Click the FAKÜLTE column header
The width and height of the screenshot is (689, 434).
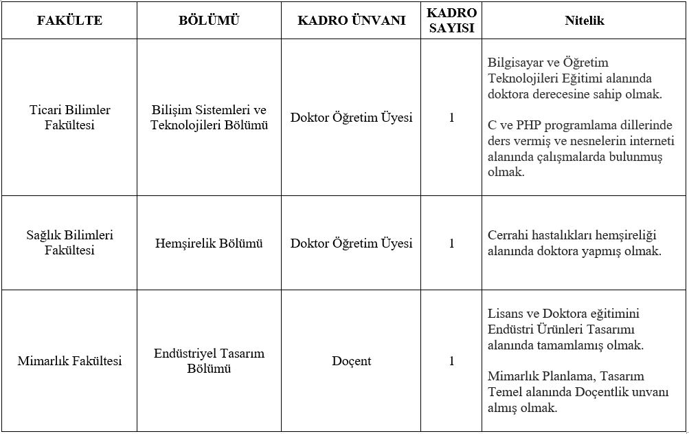coord(69,21)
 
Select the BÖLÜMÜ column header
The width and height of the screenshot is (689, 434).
coord(209,21)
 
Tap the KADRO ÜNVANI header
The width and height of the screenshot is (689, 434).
coord(351,21)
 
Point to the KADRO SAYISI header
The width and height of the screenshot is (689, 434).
coord(451,21)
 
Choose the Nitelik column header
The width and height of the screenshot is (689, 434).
coord(584,21)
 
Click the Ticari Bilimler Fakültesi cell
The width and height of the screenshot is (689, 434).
coord(69,118)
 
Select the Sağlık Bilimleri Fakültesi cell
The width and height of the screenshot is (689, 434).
coord(69,243)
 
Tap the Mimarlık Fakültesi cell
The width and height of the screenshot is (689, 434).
coord(69,361)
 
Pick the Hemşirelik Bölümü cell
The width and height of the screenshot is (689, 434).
coord(209,243)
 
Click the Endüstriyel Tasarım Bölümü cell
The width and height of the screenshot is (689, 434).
coord(209,361)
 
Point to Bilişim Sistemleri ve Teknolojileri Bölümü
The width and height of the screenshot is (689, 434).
coord(209,118)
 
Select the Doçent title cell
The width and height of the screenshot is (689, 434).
coord(351,361)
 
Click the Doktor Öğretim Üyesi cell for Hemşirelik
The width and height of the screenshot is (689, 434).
coord(351,243)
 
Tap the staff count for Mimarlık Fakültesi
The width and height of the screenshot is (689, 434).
coord(451,361)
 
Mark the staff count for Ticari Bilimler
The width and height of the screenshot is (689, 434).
coord(451,118)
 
